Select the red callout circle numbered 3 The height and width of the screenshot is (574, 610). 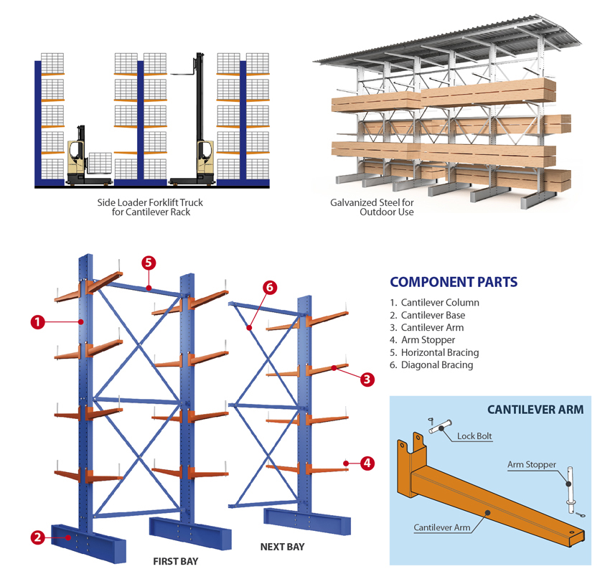tap(367, 380)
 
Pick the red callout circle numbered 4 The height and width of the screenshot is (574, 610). tap(367, 463)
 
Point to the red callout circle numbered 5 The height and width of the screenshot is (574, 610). tap(148, 263)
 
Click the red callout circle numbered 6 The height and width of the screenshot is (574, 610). tap(270, 288)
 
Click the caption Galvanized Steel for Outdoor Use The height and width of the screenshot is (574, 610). tap(372, 207)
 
